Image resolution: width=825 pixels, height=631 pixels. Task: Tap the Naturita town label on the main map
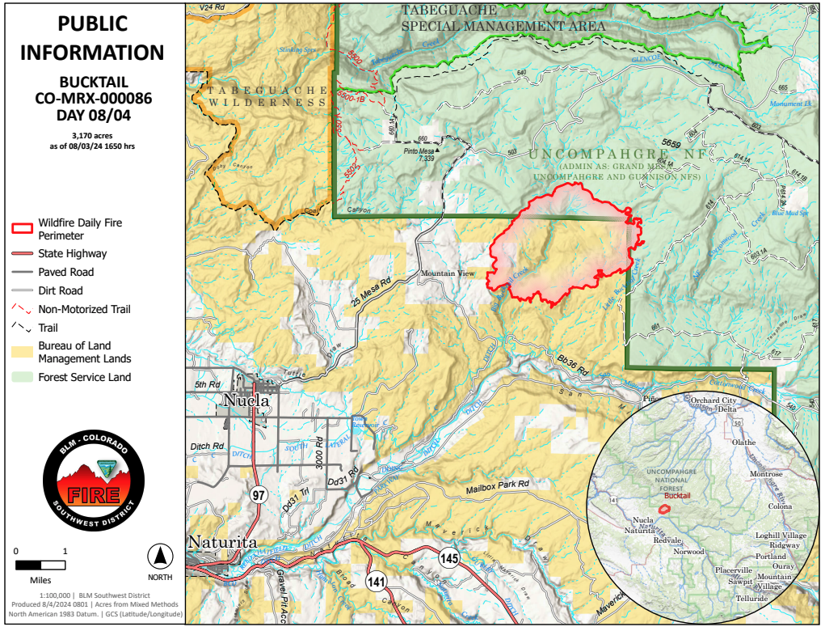[222, 543]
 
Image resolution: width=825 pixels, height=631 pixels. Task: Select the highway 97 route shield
[258, 496]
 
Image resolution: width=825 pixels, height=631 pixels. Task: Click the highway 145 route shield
[449, 557]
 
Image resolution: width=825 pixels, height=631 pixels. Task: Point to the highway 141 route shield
[376, 581]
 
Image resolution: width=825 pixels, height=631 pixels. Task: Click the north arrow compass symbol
[160, 557]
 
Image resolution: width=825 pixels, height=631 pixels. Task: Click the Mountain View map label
[447, 273]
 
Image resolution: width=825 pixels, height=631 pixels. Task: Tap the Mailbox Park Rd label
[497, 484]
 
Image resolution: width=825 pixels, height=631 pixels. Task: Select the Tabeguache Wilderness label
[265, 96]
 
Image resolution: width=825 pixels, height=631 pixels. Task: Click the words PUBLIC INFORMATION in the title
[92, 38]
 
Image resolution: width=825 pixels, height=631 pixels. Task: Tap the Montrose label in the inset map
[766, 474]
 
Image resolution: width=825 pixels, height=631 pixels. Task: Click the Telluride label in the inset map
[753, 599]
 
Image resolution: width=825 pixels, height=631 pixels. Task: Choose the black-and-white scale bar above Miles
[40, 565]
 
